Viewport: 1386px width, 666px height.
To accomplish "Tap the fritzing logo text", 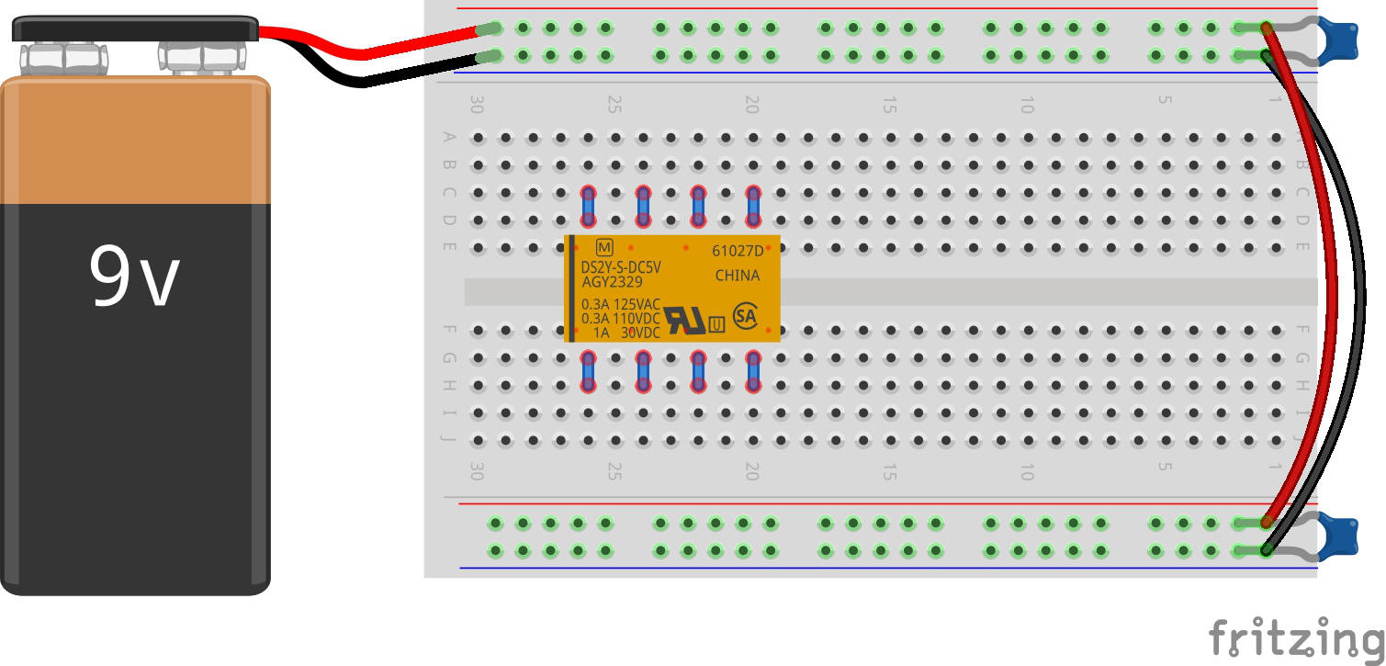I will tap(1295, 637).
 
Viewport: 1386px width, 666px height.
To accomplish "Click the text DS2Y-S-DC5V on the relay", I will tap(621, 267).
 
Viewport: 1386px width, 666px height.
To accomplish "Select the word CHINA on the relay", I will tap(737, 276).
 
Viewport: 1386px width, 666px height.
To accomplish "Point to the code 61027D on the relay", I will tap(737, 251).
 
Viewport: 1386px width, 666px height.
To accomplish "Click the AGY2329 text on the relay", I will tap(614, 282).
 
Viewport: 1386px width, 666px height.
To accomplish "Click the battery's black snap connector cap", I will tap(134, 28).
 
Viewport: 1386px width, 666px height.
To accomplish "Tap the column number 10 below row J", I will tap(1026, 471).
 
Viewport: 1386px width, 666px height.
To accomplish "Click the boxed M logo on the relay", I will tap(603, 247).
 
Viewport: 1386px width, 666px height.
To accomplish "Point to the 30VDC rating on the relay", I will tap(640, 333).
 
